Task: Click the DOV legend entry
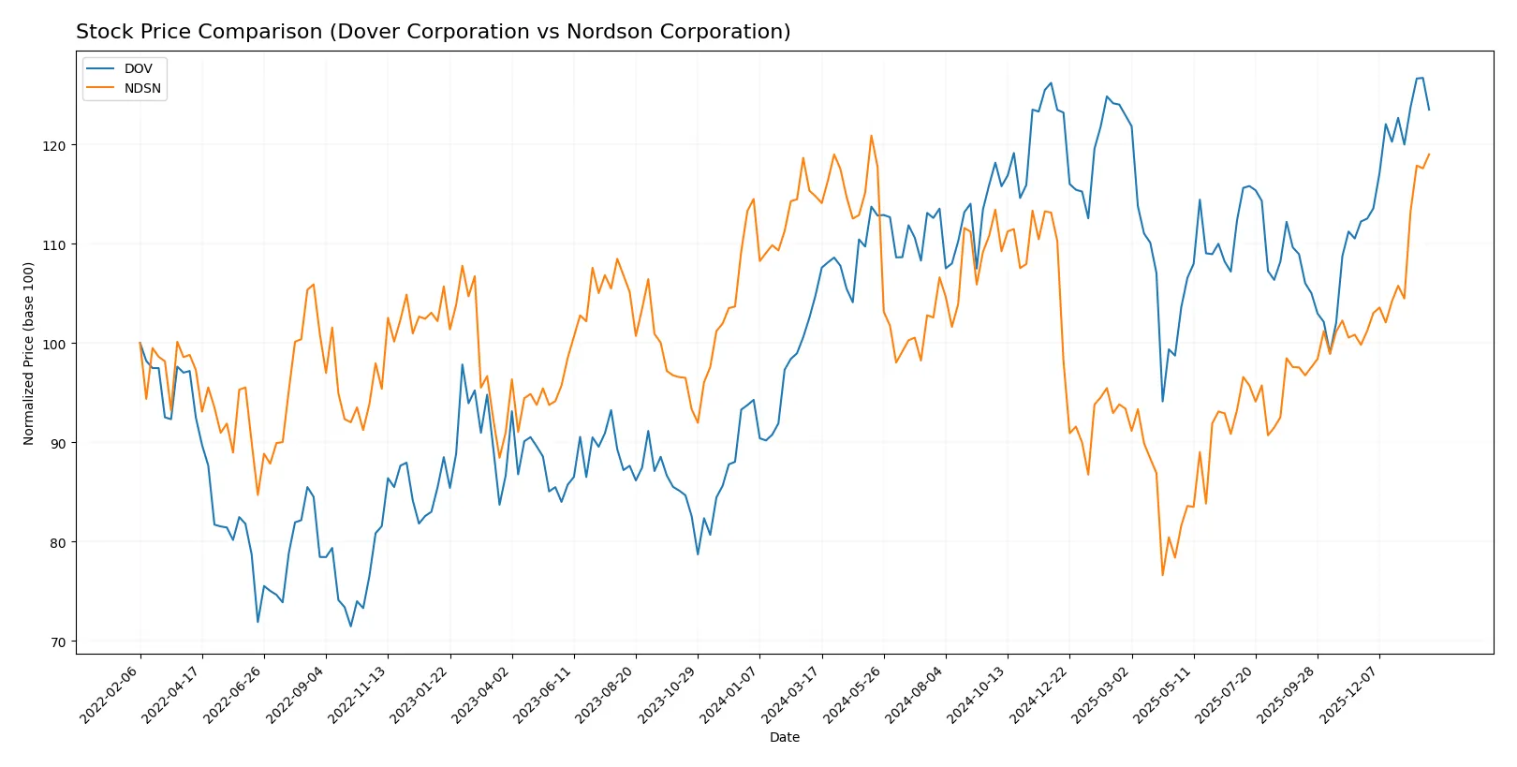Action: click(x=138, y=68)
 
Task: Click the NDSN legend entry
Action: click(x=142, y=89)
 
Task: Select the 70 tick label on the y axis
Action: click(x=57, y=642)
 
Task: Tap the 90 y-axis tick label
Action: click(x=57, y=443)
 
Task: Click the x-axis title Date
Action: click(x=784, y=737)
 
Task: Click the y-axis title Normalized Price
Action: click(x=28, y=353)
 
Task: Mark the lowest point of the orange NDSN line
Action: click(x=1163, y=575)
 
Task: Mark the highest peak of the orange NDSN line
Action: click(x=871, y=136)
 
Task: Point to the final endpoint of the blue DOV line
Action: click(x=1429, y=110)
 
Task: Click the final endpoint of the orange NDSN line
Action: click(x=1429, y=155)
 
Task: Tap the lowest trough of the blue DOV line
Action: click(x=351, y=626)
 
